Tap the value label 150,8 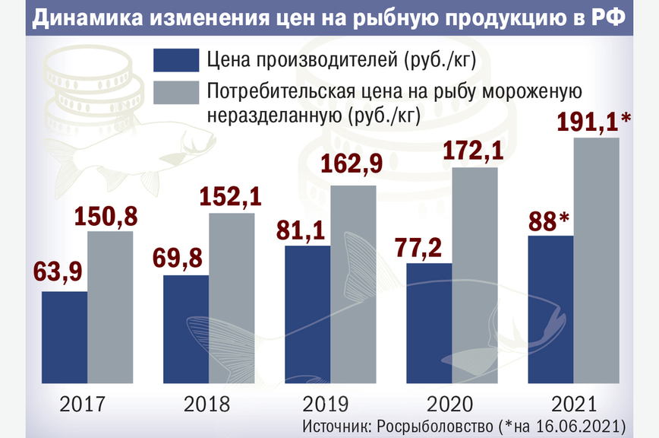click(106, 217)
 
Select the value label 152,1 click(230, 198)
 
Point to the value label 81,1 click(305, 230)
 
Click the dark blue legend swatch click(175, 60)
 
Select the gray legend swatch click(175, 92)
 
